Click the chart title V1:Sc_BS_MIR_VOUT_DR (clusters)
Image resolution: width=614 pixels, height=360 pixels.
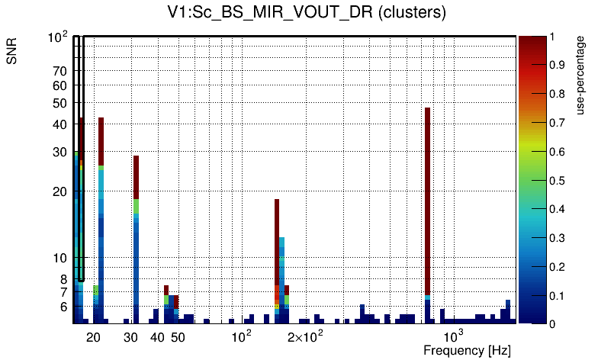pyautogui.click(x=307, y=13)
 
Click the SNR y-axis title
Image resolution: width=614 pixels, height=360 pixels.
pyautogui.click(x=13, y=52)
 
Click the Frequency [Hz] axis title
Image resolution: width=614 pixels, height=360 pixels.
pyautogui.click(x=467, y=351)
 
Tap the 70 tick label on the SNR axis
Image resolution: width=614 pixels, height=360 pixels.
pyautogui.click(x=60, y=72)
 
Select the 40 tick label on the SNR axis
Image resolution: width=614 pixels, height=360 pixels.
pyautogui.click(x=60, y=124)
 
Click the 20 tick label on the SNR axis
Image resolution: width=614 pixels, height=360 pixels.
pyautogui.click(x=60, y=191)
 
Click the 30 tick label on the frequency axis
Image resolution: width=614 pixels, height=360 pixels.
pyautogui.click(x=130, y=337)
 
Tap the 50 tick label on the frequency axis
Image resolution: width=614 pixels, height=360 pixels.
pyautogui.click(x=177, y=337)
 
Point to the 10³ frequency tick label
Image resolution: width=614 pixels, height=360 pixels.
pyautogui.click(x=454, y=336)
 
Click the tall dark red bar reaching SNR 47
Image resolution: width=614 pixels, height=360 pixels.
pyautogui.click(x=428, y=198)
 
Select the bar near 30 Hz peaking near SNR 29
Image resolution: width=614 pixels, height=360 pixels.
pyautogui.click(x=136, y=236)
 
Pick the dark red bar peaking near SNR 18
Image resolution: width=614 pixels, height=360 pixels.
pyautogui.click(x=277, y=244)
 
